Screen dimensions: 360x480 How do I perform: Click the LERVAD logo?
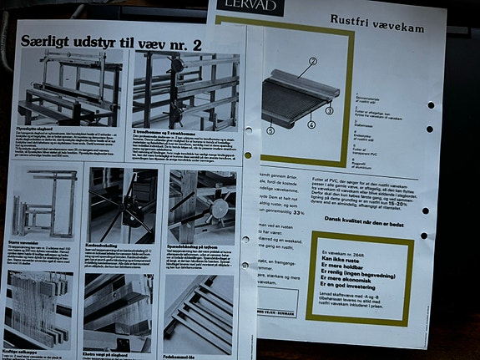[x=251, y=7]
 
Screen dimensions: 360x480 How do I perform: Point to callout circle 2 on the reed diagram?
[x=312, y=62]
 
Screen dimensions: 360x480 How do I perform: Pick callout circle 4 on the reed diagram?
[x=311, y=124]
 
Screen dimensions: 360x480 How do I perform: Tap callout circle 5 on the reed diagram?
[x=270, y=130]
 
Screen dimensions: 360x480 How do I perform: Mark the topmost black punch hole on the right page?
[x=431, y=105]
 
